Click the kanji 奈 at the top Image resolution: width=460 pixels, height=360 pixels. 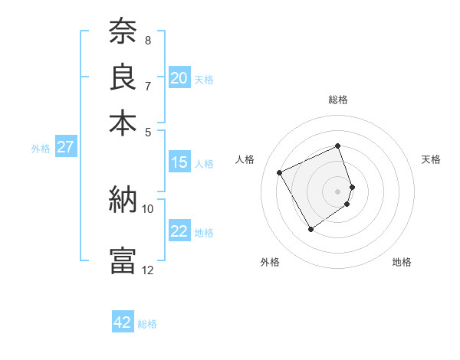point(123,33)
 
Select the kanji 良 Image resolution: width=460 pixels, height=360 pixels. point(123,77)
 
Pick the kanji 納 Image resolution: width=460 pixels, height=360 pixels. point(123,200)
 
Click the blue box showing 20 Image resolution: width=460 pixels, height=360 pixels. point(179,78)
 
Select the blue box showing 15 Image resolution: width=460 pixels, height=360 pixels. point(179,162)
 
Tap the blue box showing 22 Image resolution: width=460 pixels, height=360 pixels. point(179,231)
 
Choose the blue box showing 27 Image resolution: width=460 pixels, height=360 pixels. point(65,147)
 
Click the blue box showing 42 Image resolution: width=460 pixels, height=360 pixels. point(123,322)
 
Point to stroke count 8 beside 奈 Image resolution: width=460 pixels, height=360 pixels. point(148,41)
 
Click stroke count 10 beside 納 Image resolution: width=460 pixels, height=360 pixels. point(148,208)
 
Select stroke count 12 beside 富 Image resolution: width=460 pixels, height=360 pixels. point(148,270)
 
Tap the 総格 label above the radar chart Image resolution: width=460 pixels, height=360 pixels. point(338,100)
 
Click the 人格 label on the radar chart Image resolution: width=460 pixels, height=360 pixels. point(245,159)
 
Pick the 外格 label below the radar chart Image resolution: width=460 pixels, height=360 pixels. point(270,262)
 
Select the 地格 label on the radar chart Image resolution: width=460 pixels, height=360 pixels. point(402,262)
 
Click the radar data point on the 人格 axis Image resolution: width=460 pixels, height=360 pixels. point(280,172)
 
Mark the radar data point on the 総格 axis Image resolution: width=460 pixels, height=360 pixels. point(338,146)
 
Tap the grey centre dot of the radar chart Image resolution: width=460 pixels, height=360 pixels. point(338,190)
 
